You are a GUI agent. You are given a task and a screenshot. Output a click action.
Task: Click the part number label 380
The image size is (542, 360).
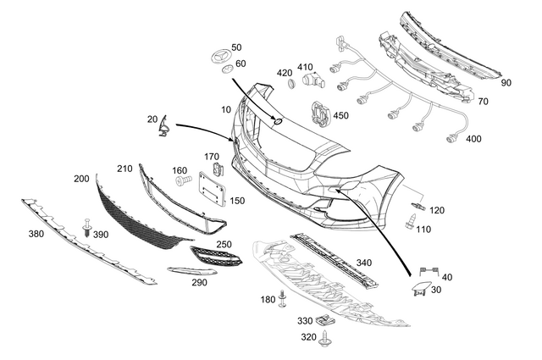36,234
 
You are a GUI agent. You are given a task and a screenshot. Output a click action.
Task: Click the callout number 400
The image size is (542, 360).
474,138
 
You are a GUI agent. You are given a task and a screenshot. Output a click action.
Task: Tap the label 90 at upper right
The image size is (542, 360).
506,83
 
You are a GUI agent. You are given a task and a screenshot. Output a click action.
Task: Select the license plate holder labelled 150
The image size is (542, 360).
210,189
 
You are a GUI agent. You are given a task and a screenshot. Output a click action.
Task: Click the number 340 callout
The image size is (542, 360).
363,263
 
